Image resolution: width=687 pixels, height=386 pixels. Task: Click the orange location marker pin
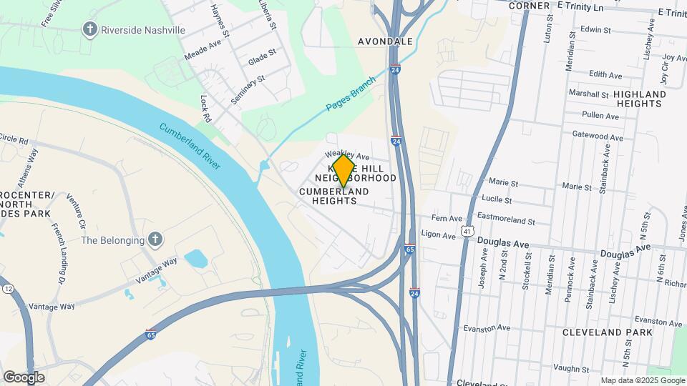[343, 171]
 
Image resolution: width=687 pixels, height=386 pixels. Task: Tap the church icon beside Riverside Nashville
[89, 29]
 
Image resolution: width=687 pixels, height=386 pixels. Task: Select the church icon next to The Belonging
[155, 239]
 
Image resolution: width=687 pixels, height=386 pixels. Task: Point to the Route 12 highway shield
[8, 287]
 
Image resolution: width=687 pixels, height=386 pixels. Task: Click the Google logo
[24, 377]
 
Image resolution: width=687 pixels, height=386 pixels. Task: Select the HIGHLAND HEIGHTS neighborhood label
[638, 99]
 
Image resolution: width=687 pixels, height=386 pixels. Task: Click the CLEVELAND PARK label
[607, 332]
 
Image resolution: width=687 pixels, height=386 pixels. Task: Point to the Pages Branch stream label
[351, 94]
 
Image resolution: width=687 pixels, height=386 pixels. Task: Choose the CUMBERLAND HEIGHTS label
[334, 197]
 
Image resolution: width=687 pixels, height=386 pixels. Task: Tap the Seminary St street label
[248, 89]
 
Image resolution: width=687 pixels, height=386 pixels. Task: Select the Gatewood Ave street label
[598, 135]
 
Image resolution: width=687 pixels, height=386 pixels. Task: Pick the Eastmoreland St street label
[506, 222]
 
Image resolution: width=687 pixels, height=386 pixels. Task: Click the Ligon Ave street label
[439, 235]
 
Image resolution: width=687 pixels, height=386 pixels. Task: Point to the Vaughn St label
[570, 369]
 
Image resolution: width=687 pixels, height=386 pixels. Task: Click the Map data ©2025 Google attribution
[642, 380]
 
